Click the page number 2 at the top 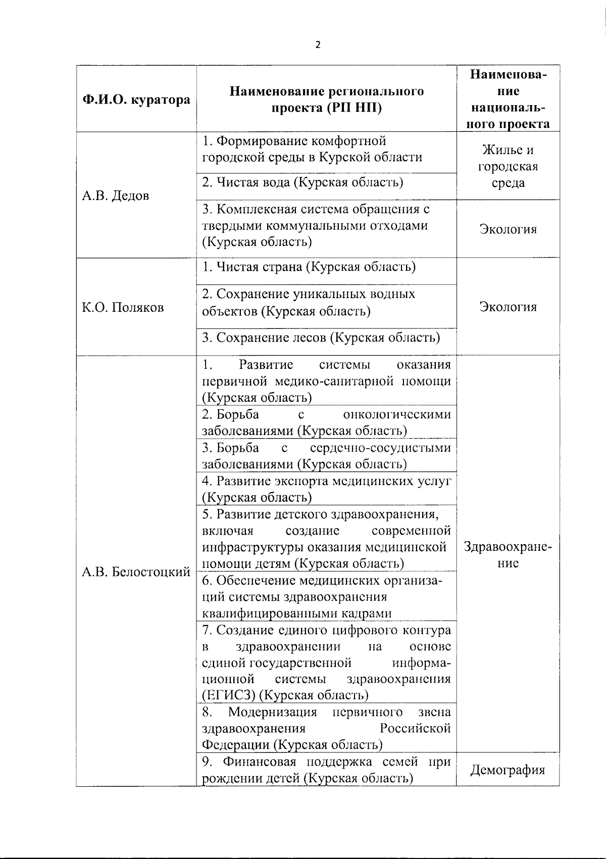[318, 44]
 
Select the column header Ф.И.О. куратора [136, 100]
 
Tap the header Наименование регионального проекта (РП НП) [327, 100]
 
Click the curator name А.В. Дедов [116, 196]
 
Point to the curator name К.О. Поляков [123, 307]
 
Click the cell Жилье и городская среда [508, 166]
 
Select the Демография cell [508, 770]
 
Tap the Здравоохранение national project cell [508, 555]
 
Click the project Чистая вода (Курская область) [302, 182]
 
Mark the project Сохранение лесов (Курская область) [321, 337]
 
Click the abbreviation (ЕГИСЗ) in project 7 [228, 695]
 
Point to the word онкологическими [397, 414]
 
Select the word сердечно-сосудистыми [380, 448]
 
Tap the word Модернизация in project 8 [273, 712]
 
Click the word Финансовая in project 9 [258, 761]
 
